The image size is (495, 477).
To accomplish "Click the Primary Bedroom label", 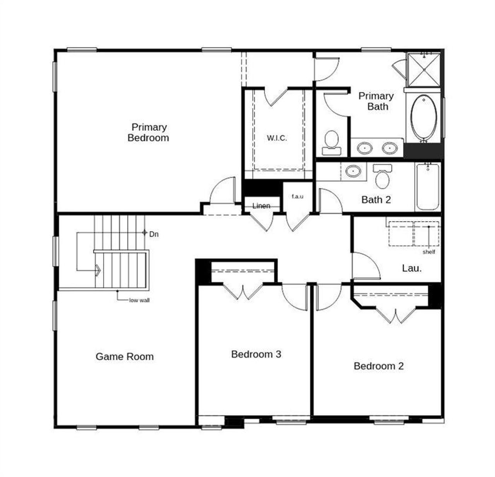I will (x=148, y=132).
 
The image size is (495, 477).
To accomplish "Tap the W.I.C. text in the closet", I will (x=277, y=138).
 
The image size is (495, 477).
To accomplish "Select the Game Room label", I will (x=125, y=356).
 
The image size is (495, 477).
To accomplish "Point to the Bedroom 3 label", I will (x=256, y=354).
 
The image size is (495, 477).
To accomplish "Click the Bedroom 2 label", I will (x=379, y=366).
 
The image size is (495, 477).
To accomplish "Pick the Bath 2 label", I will (x=376, y=200).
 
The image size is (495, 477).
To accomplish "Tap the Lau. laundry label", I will (x=411, y=268).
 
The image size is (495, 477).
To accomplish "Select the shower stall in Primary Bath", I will (x=424, y=70).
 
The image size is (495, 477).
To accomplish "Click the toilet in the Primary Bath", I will (x=331, y=140).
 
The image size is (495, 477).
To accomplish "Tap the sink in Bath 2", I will (x=353, y=171).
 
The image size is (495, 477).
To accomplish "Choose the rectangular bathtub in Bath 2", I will (x=428, y=186).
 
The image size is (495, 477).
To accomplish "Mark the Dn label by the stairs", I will (x=154, y=234).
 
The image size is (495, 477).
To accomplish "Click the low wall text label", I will (x=139, y=300).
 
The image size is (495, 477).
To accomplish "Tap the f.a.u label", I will (x=297, y=196).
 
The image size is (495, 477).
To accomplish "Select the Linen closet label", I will (x=261, y=206).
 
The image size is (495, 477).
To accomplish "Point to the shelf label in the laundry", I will (x=428, y=252).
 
